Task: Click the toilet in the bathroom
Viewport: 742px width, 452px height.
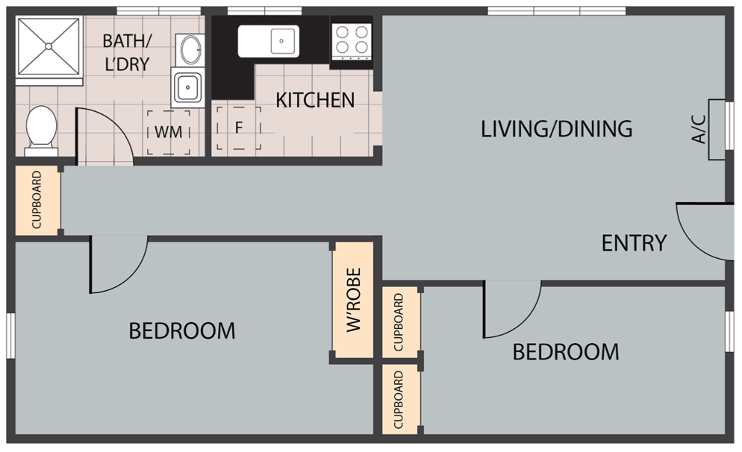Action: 41,131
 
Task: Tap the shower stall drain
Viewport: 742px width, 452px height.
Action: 49,45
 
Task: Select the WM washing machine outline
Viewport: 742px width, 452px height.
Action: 169,132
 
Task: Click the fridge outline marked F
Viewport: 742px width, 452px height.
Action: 239,128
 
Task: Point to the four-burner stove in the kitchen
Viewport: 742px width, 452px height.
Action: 351,42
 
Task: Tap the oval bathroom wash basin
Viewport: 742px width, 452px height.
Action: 190,49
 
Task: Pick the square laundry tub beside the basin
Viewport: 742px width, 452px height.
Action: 188,87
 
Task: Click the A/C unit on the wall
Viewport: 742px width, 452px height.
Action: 717,130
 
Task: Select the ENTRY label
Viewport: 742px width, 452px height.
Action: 634,243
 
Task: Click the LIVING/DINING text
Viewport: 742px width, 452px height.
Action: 557,128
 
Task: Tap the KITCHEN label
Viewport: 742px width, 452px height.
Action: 315,100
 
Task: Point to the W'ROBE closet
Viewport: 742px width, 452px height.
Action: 353,300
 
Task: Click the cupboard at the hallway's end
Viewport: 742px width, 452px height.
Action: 37,200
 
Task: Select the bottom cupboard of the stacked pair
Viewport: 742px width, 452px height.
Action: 400,399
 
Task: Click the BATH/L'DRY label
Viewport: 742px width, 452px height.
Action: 127,52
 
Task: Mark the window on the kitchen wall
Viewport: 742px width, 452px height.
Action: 264,11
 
